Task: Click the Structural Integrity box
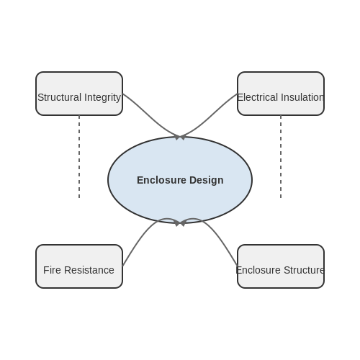(79, 94)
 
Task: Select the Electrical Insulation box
(281, 94)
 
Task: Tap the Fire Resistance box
(79, 266)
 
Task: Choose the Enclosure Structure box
(281, 266)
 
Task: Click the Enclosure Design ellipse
(180, 180)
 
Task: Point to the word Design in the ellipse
(207, 180)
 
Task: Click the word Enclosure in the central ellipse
(161, 180)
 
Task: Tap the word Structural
(60, 97)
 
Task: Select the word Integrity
(102, 98)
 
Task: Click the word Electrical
(257, 97)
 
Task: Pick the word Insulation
(302, 97)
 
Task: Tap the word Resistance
(89, 270)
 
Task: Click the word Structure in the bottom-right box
(304, 270)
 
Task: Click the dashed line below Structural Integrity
(79, 157)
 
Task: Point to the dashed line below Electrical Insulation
(281, 157)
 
